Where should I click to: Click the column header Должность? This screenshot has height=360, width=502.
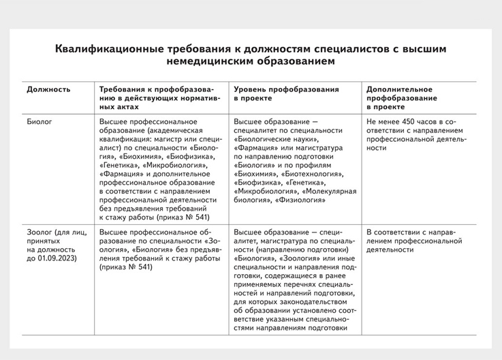point(48,89)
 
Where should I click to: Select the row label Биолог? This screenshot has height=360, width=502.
point(40,121)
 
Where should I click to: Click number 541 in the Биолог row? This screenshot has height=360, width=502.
point(201,218)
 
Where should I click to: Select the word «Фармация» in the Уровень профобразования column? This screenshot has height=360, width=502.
point(253,147)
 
